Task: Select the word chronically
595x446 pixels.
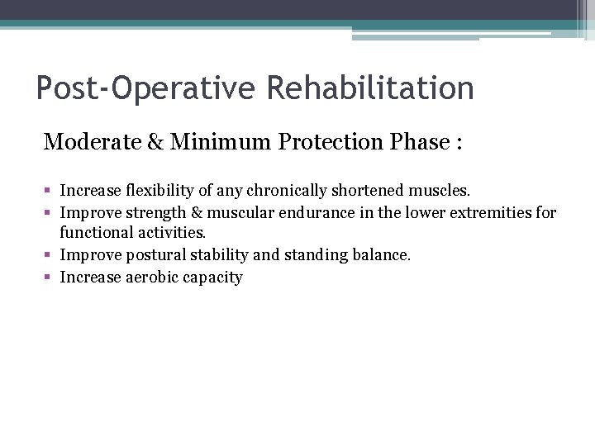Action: coord(274,192)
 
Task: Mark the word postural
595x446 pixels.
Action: coord(157,255)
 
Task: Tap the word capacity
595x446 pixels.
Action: coord(215,278)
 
